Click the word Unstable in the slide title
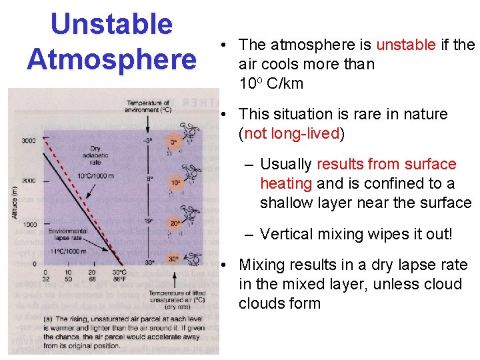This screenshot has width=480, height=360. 111,25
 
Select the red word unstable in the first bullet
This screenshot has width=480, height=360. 406,45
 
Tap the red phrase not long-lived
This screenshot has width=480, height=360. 292,133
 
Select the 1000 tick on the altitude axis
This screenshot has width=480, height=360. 29,223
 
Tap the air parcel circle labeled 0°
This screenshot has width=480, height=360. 173,142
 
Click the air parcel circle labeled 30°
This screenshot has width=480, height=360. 173,259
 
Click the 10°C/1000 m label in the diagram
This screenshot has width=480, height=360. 93,175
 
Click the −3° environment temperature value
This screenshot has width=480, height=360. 148,140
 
